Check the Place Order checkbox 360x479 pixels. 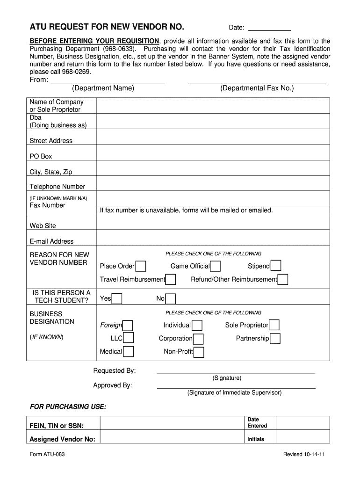click(x=140, y=267)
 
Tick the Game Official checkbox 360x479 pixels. click(x=215, y=267)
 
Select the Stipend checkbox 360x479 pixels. click(x=276, y=266)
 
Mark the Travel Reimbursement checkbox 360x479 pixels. click(x=171, y=280)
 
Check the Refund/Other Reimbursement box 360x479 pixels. click(x=282, y=280)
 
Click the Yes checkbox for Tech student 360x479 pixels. click(x=117, y=299)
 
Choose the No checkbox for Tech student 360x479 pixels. click(x=171, y=299)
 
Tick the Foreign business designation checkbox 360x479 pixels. click(x=128, y=326)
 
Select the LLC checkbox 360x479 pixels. click(x=128, y=338)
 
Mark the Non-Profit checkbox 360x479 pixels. click(x=199, y=352)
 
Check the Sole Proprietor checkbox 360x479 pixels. click(x=274, y=325)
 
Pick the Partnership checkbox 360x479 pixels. click(x=275, y=338)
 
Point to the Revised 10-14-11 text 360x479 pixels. click(x=304, y=455)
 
